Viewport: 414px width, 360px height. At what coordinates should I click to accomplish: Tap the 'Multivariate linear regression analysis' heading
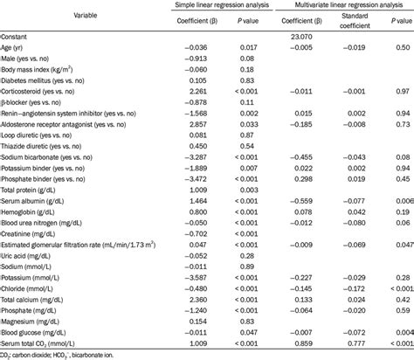pos(344,5)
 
